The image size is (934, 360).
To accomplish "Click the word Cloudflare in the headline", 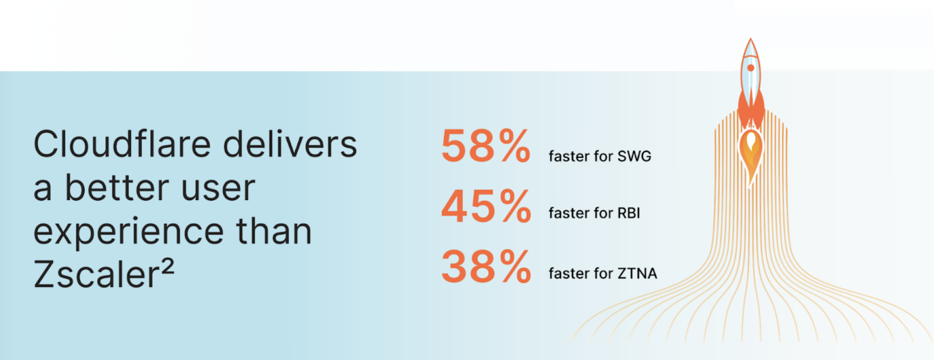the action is (122, 144).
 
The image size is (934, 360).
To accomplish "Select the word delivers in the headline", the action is (290, 144).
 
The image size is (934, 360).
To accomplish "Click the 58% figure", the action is (486, 146).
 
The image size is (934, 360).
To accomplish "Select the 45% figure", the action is (486, 206).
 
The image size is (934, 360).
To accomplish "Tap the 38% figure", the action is (486, 266).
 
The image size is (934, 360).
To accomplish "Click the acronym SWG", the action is (634, 157).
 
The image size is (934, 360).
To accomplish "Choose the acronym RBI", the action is (629, 213).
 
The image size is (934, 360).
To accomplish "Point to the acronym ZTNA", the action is (637, 274).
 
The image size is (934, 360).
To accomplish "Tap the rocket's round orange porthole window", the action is (750, 68).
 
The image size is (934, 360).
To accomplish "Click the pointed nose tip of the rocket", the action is (750, 39).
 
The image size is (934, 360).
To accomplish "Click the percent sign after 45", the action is (515, 206).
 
